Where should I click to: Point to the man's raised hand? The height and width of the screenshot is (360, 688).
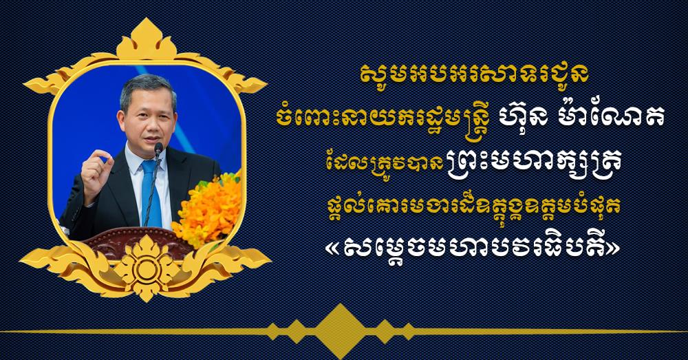95,169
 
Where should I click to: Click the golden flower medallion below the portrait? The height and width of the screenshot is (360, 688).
146,268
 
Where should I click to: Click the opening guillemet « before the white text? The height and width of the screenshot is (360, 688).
336,249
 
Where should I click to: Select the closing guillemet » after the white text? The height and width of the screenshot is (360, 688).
611,249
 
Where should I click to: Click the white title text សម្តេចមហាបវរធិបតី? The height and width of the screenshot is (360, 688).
473,248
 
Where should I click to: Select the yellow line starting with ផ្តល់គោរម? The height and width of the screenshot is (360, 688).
473,207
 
